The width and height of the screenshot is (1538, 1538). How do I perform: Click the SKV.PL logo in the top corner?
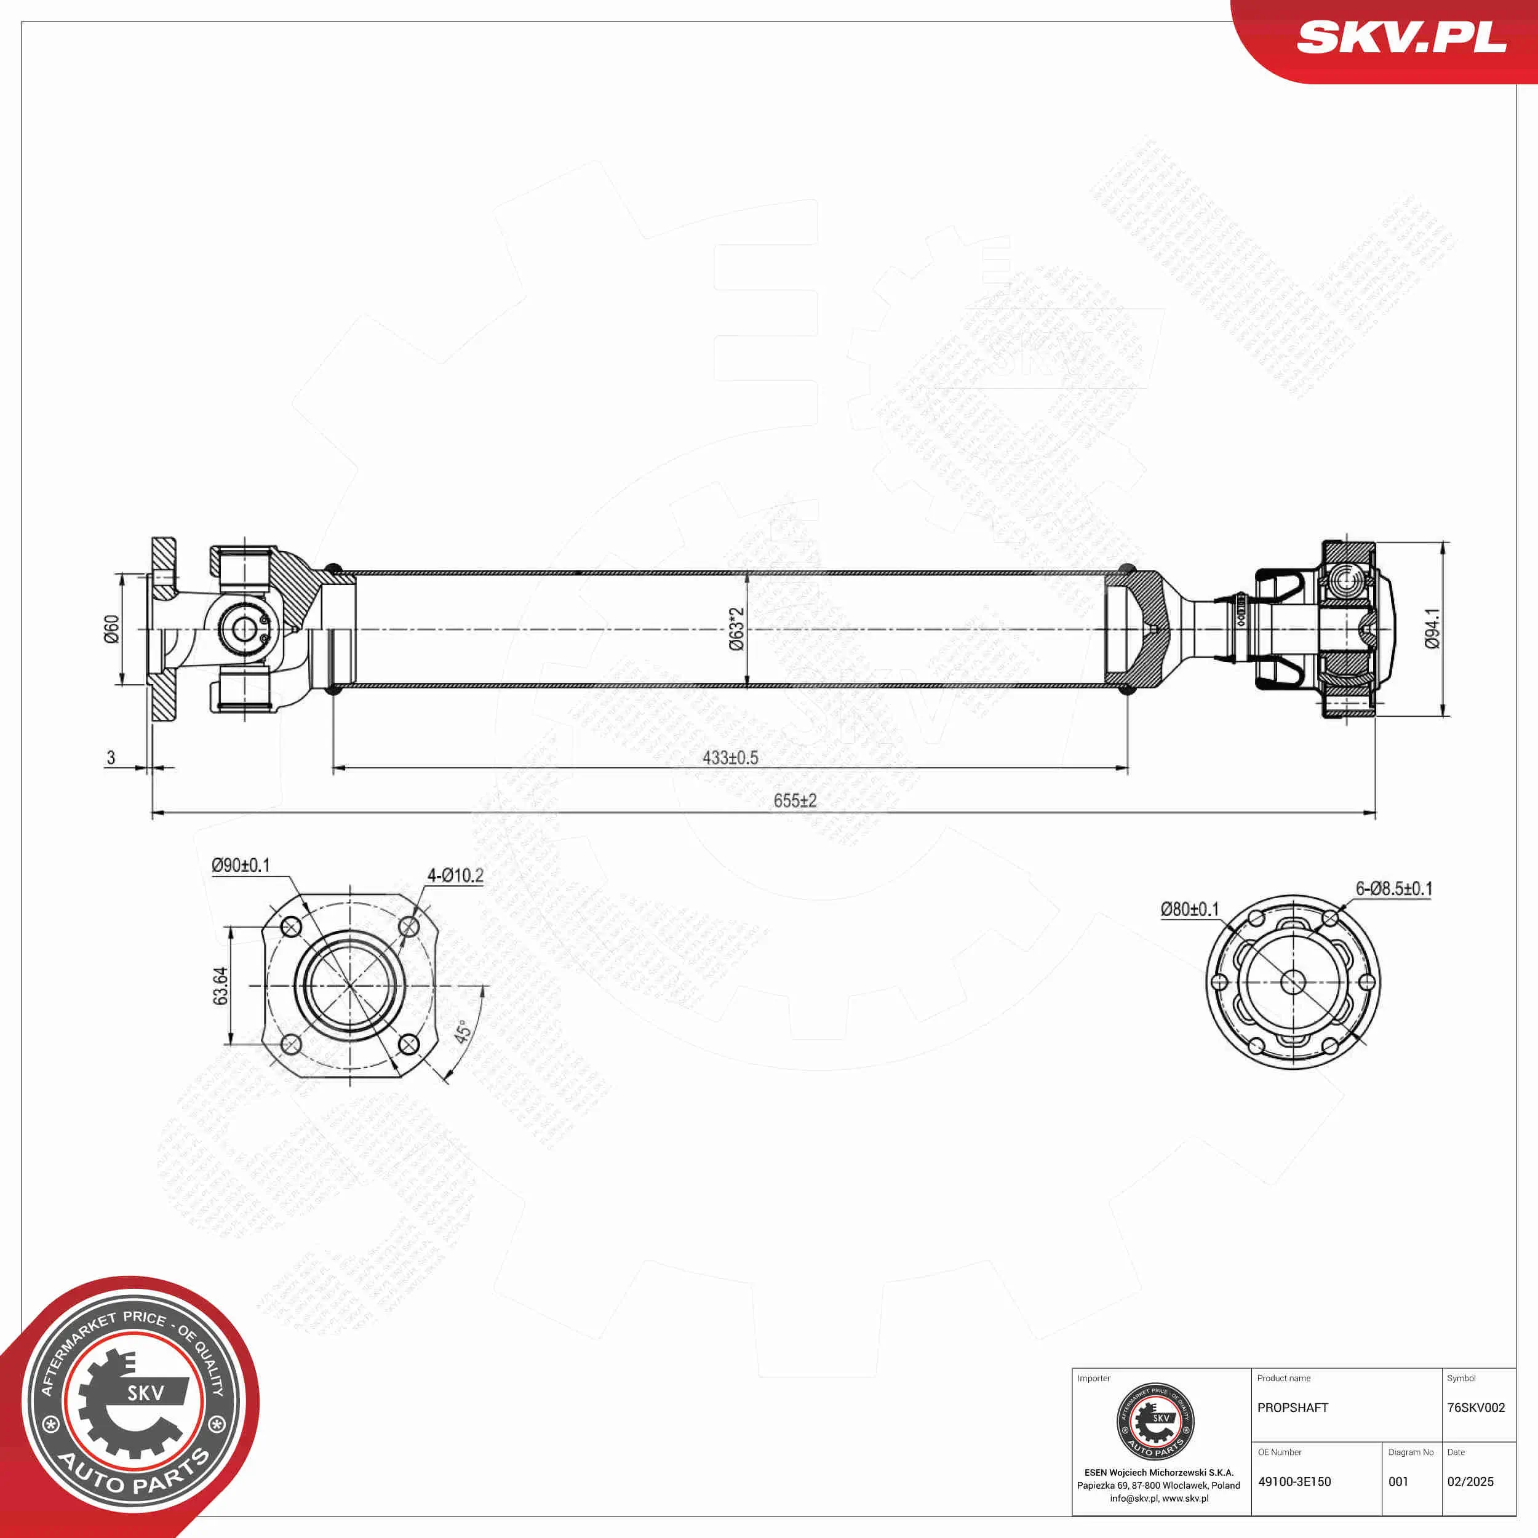coord(1401,38)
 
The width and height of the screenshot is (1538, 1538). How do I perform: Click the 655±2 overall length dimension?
coord(794,800)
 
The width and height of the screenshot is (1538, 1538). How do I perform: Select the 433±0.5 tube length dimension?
coord(730,757)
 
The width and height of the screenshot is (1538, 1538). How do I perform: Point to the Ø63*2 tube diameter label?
coord(736,629)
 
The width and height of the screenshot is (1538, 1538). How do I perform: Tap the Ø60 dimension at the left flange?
coord(111,629)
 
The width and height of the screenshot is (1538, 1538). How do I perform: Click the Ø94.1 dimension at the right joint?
coord(1432,629)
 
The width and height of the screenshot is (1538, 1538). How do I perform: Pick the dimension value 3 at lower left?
coord(111,757)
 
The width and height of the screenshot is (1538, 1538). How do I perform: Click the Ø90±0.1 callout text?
coord(241,864)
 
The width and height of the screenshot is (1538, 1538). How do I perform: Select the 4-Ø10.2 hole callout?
coord(455,875)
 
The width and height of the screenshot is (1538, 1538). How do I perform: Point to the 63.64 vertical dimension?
coord(220,986)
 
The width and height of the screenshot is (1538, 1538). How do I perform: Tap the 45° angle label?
coord(463,1032)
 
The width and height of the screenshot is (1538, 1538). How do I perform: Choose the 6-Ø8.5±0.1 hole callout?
coord(1394,888)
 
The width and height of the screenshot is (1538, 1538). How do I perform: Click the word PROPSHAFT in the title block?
coord(1293,1408)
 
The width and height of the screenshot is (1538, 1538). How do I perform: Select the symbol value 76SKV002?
coord(1476,1408)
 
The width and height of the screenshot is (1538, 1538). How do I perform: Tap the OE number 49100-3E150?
coord(1294,1481)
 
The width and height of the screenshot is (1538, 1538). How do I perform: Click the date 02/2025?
coord(1470,1481)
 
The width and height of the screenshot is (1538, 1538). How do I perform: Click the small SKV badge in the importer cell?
coord(1155,1422)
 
